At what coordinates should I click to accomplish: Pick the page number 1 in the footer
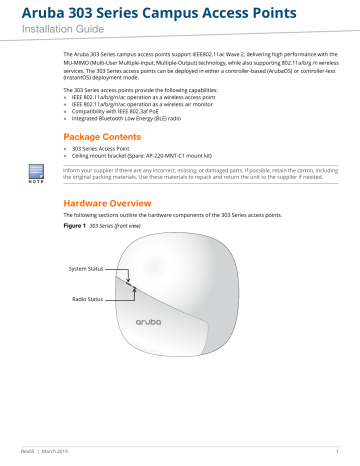[338, 453]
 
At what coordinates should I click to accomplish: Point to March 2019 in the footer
[66, 453]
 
